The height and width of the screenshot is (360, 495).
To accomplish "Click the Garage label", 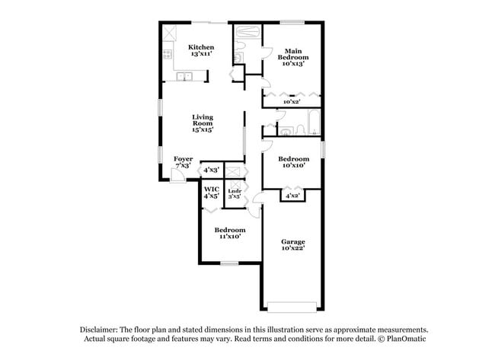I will [292, 242].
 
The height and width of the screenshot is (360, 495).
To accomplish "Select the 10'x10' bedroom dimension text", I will [292, 165].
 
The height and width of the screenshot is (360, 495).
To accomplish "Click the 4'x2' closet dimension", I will [292, 196].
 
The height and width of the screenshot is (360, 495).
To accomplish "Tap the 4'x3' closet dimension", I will [211, 170].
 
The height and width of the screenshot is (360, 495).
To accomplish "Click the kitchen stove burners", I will [168, 54].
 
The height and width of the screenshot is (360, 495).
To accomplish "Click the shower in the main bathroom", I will [247, 32].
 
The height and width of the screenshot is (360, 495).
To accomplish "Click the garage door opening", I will [292, 307].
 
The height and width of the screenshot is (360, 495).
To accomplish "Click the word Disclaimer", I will [101, 328].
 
